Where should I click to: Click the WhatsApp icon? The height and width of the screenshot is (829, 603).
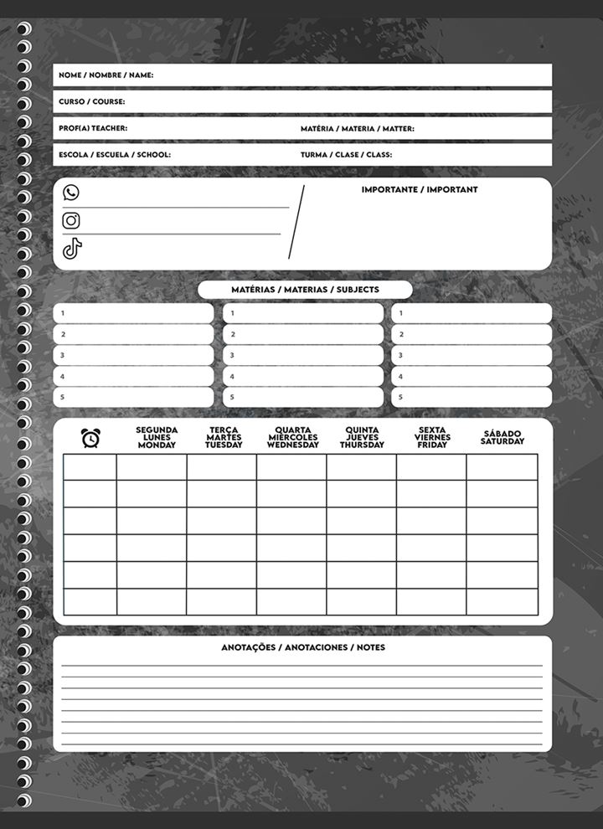click(x=71, y=193)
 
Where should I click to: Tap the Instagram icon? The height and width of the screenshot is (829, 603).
click(x=71, y=220)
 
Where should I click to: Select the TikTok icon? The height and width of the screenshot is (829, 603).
click(x=72, y=249)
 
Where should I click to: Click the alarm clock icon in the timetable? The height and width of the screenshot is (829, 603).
click(x=90, y=437)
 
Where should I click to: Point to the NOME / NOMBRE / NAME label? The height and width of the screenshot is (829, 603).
click(x=106, y=75)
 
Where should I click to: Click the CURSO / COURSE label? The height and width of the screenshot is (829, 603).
click(x=92, y=102)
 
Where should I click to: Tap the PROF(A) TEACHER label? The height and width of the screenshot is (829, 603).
click(x=93, y=129)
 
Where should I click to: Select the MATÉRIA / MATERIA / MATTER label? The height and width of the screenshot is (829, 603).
click(x=358, y=129)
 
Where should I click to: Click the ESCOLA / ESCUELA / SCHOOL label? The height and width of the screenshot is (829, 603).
click(x=115, y=155)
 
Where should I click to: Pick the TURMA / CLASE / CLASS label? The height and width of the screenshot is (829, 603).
click(x=346, y=155)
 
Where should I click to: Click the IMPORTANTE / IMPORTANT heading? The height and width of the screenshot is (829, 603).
click(x=420, y=190)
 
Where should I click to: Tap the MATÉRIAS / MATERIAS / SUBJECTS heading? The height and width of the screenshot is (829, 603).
click(x=305, y=290)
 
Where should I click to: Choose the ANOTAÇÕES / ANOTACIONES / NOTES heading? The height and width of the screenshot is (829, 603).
click(x=303, y=648)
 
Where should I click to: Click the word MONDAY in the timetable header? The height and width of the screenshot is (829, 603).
click(x=157, y=445)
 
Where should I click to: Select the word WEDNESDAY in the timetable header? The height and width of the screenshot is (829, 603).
click(x=293, y=445)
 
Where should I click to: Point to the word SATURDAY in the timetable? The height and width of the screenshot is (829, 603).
click(x=502, y=441)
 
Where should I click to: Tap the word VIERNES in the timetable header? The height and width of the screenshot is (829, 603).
click(x=432, y=437)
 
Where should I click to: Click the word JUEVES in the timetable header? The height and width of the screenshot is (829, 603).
click(x=362, y=437)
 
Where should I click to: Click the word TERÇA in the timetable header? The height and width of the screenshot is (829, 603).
click(x=224, y=430)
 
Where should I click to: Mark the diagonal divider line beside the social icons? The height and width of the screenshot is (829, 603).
click(x=296, y=222)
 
